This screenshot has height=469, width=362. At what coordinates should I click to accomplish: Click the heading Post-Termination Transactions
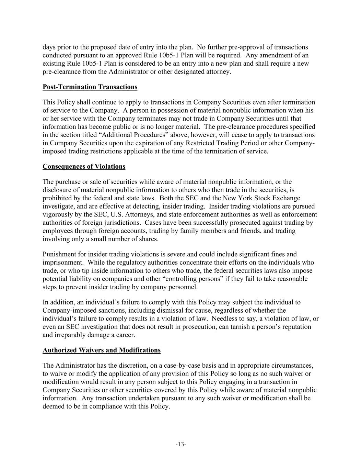[90, 87]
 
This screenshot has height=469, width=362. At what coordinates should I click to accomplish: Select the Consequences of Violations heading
[84, 167]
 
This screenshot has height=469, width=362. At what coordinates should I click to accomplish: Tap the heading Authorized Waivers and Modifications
[102, 350]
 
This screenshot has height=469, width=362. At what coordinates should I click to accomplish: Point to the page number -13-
[181, 445]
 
